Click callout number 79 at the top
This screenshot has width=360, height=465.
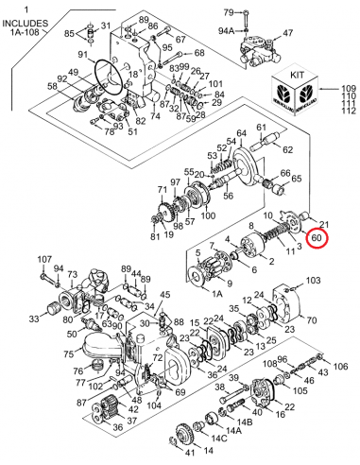(x=228, y=12)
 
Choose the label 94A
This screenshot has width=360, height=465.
(x=228, y=31)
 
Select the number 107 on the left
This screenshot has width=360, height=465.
(x=45, y=259)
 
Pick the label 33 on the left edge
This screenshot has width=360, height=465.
(x=34, y=319)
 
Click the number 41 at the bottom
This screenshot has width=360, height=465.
(x=176, y=452)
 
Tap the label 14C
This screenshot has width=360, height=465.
(x=219, y=438)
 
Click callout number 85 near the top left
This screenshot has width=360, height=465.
(x=69, y=34)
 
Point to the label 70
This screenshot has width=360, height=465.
(x=310, y=319)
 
